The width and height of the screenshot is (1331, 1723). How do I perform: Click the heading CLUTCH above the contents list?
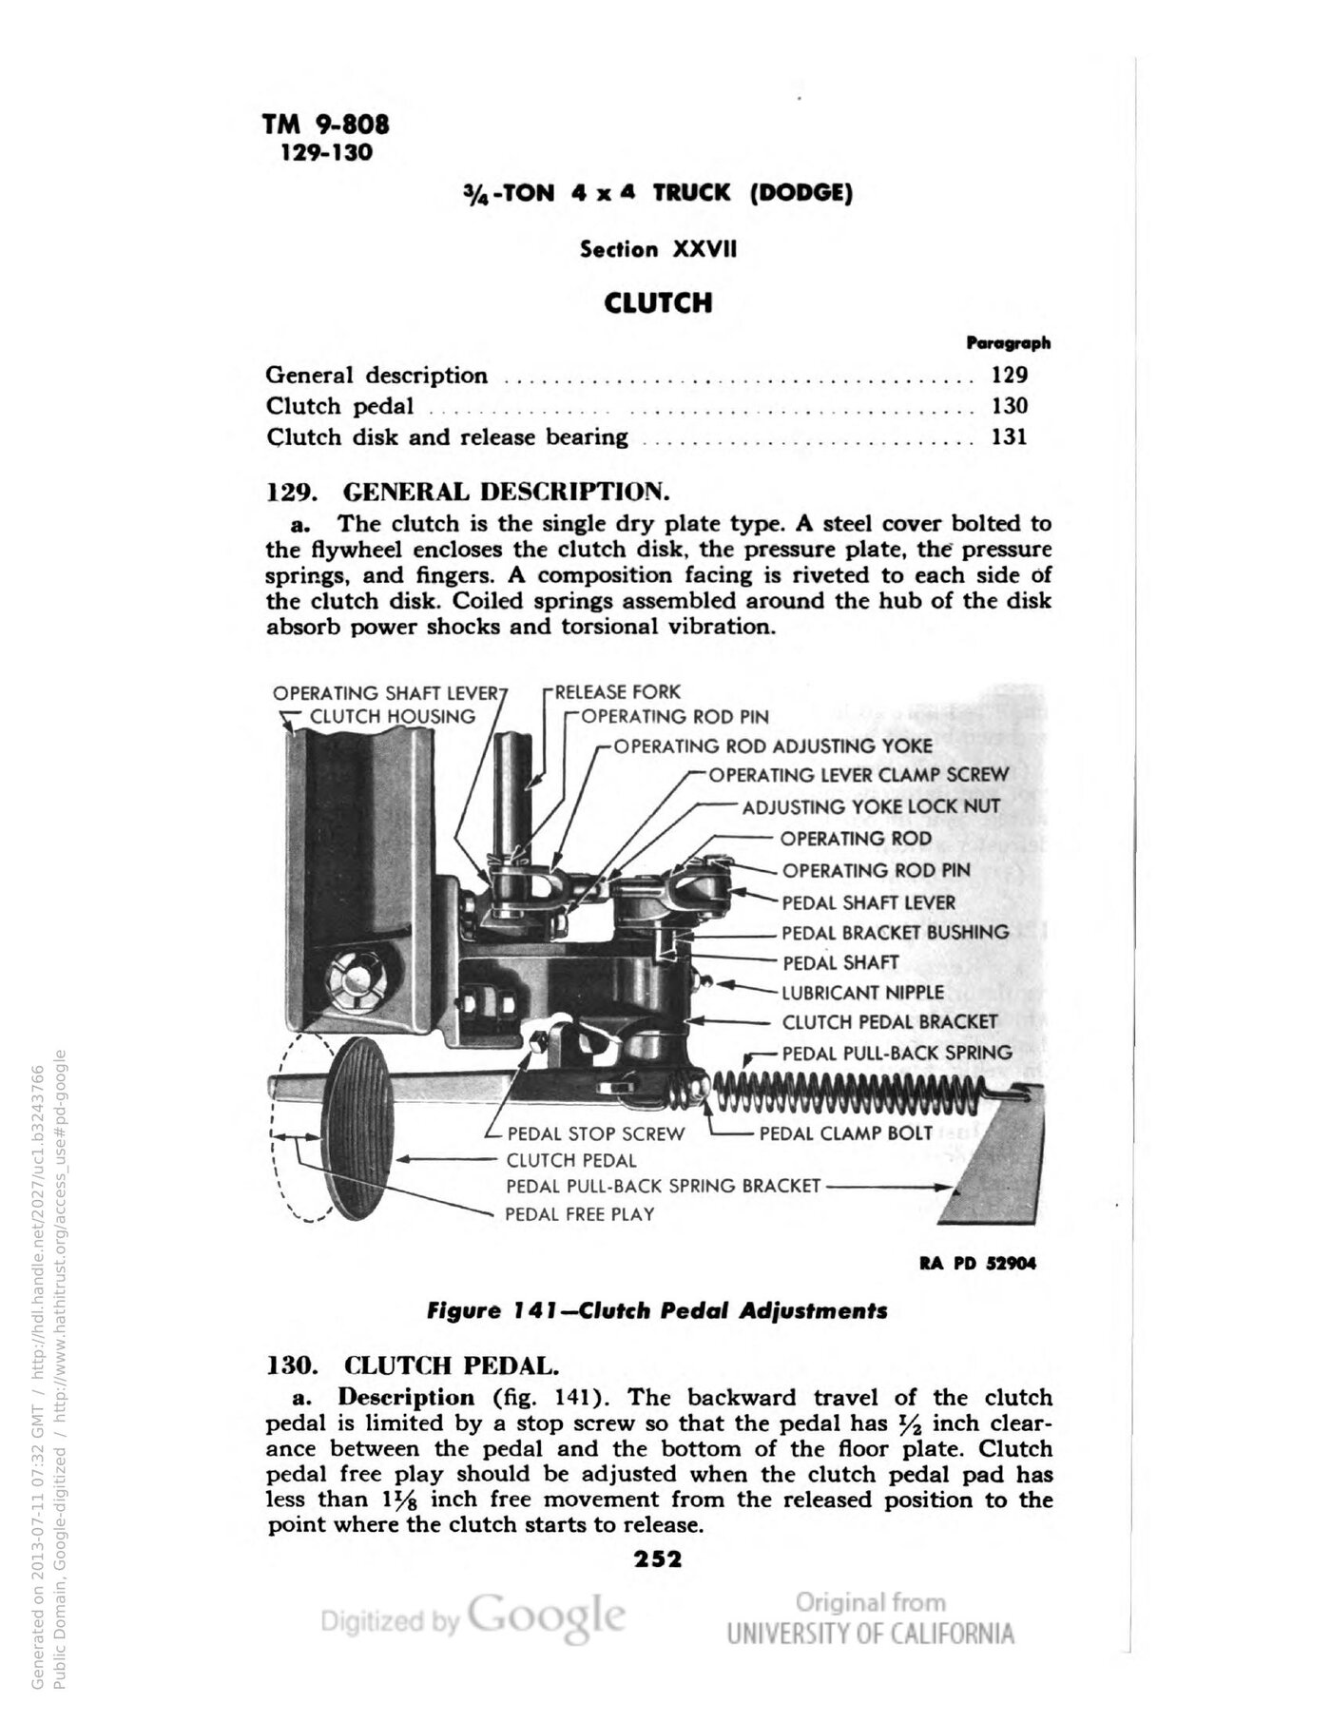coord(658,303)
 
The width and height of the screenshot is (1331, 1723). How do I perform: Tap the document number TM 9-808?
coord(326,125)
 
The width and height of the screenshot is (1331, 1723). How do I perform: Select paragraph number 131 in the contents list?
coord(1009,437)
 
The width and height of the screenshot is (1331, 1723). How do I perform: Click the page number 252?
coord(658,1558)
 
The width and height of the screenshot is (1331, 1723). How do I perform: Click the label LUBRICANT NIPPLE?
coord(863,992)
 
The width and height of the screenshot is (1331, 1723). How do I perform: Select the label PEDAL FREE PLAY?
coord(580,1213)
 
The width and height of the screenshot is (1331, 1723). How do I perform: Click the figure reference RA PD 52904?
coord(977,1264)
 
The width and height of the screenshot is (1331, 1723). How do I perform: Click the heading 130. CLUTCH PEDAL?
coord(412,1365)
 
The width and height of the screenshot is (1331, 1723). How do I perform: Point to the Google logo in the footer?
coord(547,1616)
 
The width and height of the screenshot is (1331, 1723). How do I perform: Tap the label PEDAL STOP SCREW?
coord(596,1133)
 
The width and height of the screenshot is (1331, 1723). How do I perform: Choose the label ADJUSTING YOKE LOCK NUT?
coord(872,806)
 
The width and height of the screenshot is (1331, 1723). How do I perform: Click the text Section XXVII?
coord(658,249)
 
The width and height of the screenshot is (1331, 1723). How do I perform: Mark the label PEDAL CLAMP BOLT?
coord(846,1133)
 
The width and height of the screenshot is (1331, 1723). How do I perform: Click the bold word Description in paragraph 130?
coord(406,1397)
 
